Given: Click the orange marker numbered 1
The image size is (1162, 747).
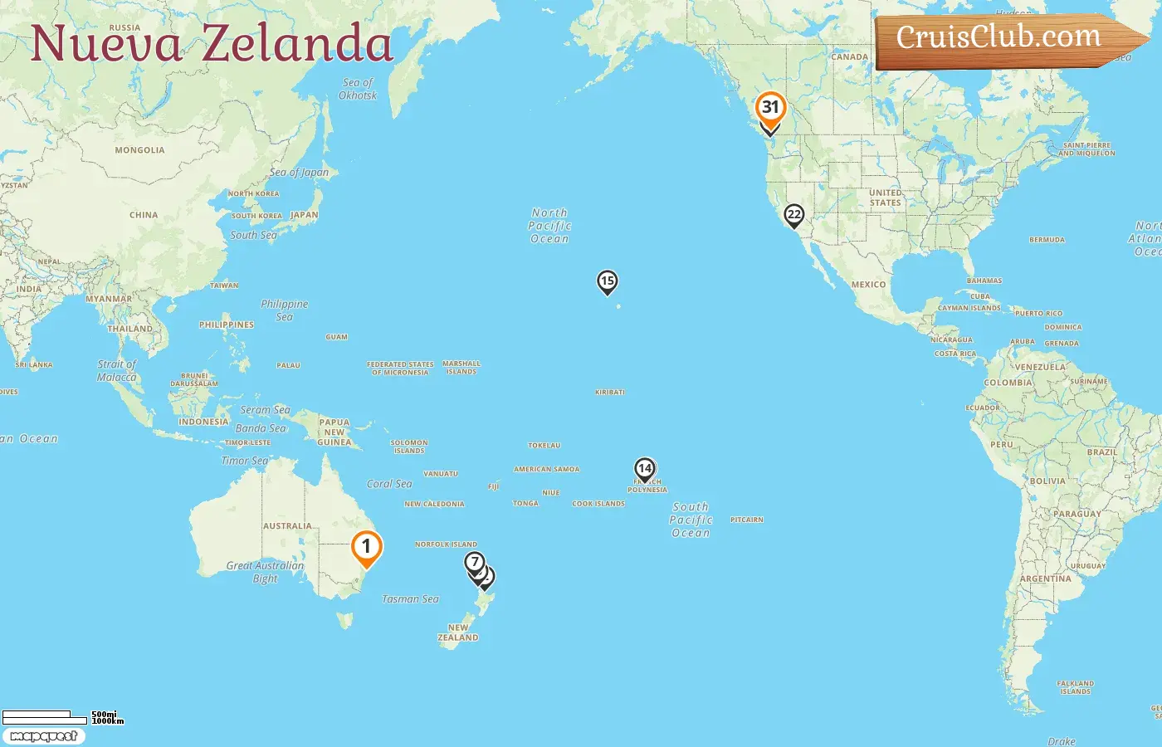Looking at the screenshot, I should click(366, 547).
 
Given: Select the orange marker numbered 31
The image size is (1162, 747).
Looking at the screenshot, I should click(770, 107).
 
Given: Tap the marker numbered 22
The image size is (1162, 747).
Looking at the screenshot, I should click(794, 215).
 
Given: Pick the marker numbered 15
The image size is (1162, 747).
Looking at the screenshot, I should click(608, 281).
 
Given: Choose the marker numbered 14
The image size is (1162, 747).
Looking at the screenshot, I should click(645, 469).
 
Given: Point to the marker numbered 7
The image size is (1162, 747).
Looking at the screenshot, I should click(474, 563).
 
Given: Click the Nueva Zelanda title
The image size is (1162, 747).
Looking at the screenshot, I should click(212, 43).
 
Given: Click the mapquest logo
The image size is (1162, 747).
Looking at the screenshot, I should click(43, 736).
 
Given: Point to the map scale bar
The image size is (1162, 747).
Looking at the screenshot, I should click(46, 716).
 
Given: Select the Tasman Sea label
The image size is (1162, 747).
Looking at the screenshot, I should click(410, 598).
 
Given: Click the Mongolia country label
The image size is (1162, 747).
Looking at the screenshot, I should click(139, 150).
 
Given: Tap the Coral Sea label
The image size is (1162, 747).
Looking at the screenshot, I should click(389, 484).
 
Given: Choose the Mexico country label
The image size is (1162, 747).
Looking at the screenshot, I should click(868, 285).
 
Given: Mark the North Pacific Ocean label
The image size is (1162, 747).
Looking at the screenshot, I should click(549, 226).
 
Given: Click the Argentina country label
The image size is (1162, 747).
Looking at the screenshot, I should click(1046, 579).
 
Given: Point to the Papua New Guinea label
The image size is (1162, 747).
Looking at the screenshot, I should click(334, 432).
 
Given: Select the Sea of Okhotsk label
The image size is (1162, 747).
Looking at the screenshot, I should click(358, 89).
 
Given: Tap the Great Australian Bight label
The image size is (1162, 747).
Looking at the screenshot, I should click(265, 572).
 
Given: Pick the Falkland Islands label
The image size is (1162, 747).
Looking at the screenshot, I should click(1076, 687).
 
